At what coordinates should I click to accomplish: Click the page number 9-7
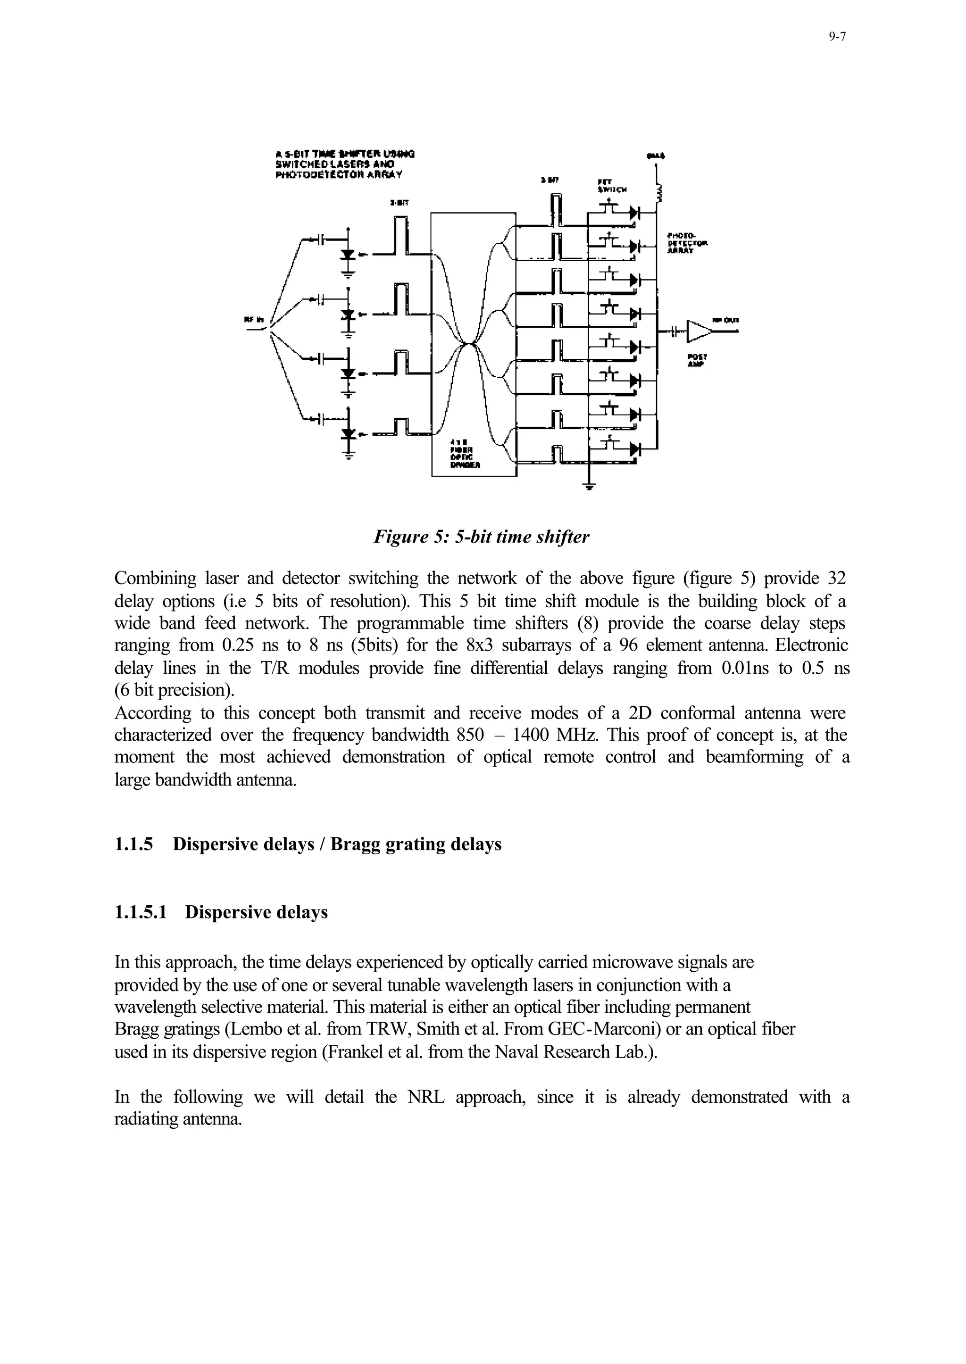click(x=836, y=37)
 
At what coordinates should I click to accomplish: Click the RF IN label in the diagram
click(x=254, y=320)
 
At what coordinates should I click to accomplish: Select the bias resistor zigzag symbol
click(x=658, y=194)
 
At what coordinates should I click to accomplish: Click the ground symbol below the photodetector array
click(x=590, y=487)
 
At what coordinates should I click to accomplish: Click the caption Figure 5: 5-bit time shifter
click(x=481, y=537)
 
